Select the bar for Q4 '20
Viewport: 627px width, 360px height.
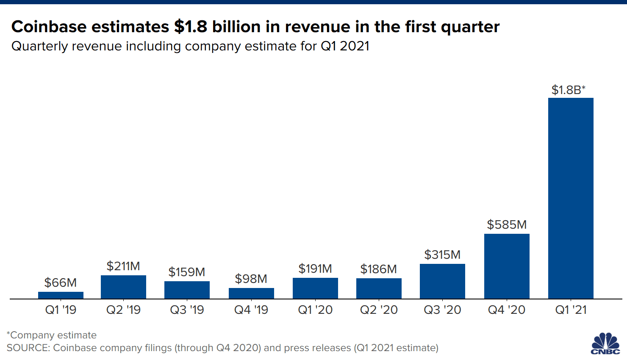(507, 266)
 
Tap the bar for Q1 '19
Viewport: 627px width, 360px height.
(61, 295)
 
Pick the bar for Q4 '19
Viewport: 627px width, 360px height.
(251, 294)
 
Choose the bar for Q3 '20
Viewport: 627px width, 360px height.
(442, 281)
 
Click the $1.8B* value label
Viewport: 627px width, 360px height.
(568, 90)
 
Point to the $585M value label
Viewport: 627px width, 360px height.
(507, 224)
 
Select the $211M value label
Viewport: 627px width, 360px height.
(123, 266)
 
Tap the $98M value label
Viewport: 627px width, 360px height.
(251, 279)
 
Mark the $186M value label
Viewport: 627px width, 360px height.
(378, 269)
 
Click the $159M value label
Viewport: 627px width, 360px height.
(187, 272)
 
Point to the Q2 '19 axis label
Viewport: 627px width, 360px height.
(123, 310)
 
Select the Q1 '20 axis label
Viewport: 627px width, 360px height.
(315, 310)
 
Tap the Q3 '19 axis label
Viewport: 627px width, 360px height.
(187, 310)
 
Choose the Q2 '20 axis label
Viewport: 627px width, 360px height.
(379, 310)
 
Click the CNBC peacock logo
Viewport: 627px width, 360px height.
(605, 343)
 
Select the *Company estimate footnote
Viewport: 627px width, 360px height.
(52, 335)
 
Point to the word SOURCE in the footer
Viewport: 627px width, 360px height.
(27, 348)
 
